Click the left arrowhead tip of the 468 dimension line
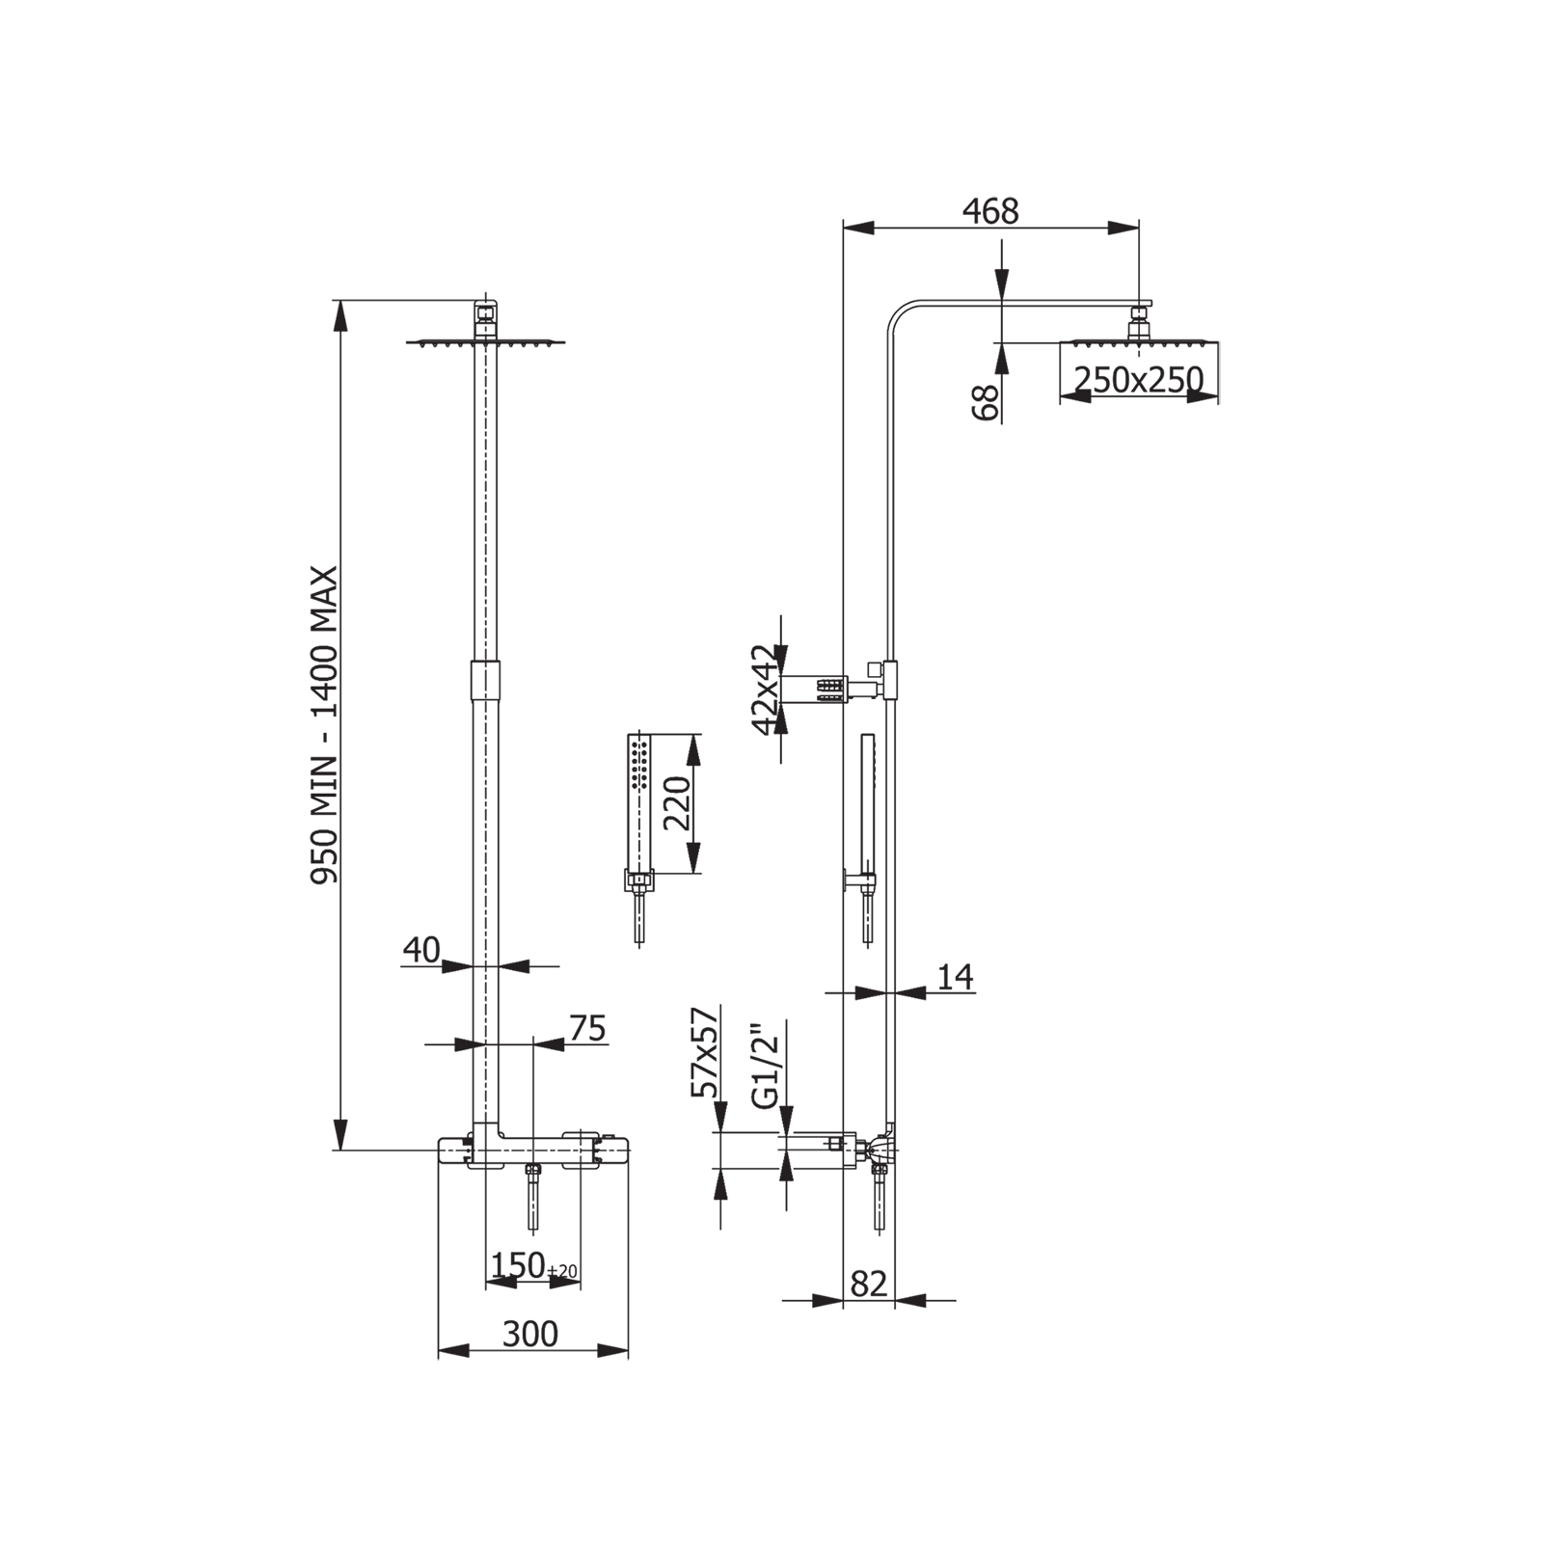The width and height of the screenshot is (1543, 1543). pyautogui.click(x=844, y=229)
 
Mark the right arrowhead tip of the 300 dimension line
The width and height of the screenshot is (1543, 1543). pyautogui.click(x=628, y=1350)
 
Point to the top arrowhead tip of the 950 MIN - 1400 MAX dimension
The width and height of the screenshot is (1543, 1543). pyautogui.click(x=339, y=301)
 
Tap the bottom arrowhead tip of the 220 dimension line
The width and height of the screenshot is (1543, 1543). pyautogui.click(x=692, y=873)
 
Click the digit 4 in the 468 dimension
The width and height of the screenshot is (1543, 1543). pyautogui.click(x=971, y=211)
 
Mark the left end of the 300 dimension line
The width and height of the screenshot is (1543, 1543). pyautogui.click(x=439, y=1350)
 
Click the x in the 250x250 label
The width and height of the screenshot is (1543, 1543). pyautogui.click(x=1139, y=381)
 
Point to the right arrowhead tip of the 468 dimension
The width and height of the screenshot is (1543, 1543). pyautogui.click(x=1139, y=229)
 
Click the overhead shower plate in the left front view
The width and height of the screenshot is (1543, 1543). pyautogui.click(x=485, y=341)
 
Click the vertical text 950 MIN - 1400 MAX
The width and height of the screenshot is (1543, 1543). pyautogui.click(x=324, y=725)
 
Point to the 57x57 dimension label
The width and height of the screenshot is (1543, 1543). pyautogui.click(x=705, y=1053)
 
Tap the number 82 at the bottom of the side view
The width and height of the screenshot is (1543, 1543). pyautogui.click(x=869, y=1284)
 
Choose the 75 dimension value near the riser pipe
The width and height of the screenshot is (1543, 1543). pyautogui.click(x=587, y=1029)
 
